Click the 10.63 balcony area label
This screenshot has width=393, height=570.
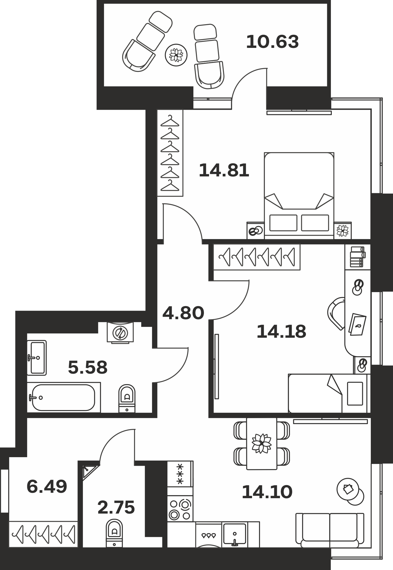[273, 42]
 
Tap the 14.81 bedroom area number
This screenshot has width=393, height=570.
[224, 170]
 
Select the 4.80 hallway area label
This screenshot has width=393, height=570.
[183, 313]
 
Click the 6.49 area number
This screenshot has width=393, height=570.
[47, 486]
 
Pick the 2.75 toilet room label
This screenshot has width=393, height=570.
[116, 508]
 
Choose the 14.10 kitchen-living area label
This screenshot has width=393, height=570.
[267, 492]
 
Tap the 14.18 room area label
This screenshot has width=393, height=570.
[281, 331]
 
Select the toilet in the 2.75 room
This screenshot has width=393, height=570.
[114, 533]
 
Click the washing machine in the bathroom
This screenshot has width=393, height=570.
[120, 332]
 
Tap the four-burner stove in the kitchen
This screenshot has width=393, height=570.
[180, 509]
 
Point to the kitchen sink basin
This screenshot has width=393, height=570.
[235, 534]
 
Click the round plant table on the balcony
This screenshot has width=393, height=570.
[176, 55]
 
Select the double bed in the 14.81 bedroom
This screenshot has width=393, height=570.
[299, 196]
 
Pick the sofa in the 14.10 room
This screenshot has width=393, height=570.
[330, 530]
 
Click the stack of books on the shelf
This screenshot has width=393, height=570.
[358, 257]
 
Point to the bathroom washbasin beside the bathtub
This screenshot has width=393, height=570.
[37, 357]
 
